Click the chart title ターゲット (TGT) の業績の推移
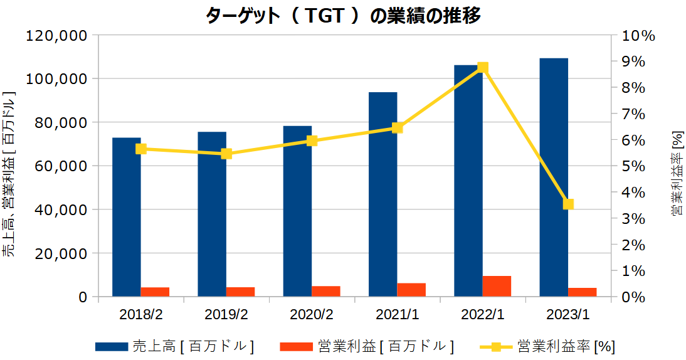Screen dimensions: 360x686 pyautogui.click(x=343, y=15)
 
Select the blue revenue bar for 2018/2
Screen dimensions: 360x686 pyautogui.click(x=127, y=217)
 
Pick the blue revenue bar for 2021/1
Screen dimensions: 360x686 pyautogui.click(x=383, y=194)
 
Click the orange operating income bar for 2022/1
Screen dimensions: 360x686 pyautogui.click(x=497, y=286)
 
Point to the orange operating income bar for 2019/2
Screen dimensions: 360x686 pyautogui.click(x=240, y=292)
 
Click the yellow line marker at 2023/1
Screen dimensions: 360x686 pyautogui.click(x=568, y=204)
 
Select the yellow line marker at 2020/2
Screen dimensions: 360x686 pyautogui.click(x=312, y=140)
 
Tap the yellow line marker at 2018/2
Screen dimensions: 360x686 pyautogui.click(x=141, y=149)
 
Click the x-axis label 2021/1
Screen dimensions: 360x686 pyautogui.click(x=397, y=313)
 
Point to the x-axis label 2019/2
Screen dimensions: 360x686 pyautogui.click(x=226, y=313)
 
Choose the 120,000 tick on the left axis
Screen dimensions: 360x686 pyautogui.click(x=56, y=36)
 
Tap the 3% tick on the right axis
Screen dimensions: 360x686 pyautogui.click(x=634, y=219)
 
